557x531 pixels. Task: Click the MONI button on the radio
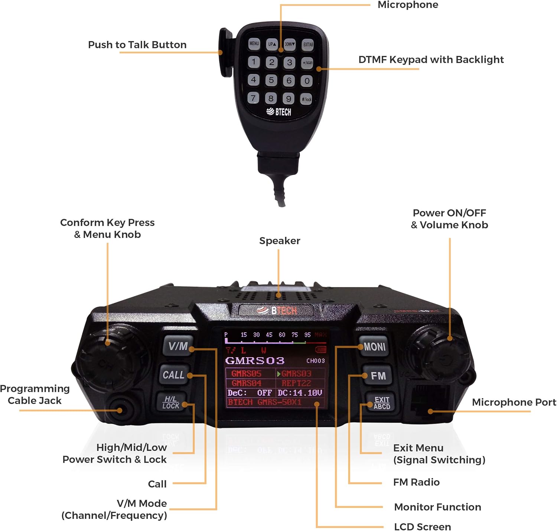pyautogui.click(x=374, y=347)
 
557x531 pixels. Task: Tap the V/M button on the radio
pyautogui.click(x=178, y=346)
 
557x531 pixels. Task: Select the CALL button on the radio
pyautogui.click(x=173, y=375)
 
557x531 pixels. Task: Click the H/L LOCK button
pyautogui.click(x=170, y=403)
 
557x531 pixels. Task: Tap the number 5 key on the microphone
pyautogui.click(x=271, y=80)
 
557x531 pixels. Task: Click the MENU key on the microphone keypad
pyautogui.click(x=254, y=44)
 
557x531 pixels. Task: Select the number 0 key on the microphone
pyautogui.click(x=307, y=81)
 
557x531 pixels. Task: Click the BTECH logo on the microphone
pyautogui.click(x=279, y=112)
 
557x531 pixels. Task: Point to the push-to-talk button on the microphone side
pyautogui.click(x=225, y=52)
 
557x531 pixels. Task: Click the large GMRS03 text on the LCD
pyautogui.click(x=255, y=361)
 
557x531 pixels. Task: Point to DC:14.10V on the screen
pyautogui.click(x=300, y=393)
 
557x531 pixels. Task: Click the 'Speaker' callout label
pyautogui.click(x=279, y=241)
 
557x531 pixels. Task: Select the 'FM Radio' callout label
pyautogui.click(x=416, y=482)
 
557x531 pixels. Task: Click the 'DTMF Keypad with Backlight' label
pyautogui.click(x=431, y=59)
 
